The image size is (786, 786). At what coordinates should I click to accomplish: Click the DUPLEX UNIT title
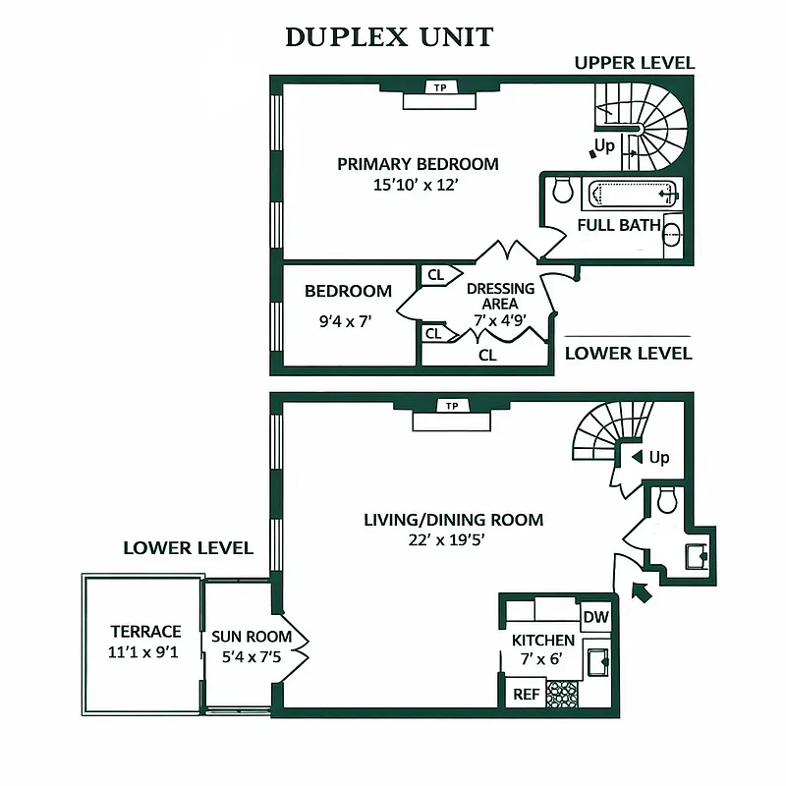[x=389, y=37]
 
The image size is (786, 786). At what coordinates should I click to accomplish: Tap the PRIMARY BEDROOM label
[x=418, y=164]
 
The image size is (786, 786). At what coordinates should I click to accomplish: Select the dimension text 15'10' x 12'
[x=418, y=185]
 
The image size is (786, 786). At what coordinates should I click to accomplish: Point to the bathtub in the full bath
[x=633, y=194]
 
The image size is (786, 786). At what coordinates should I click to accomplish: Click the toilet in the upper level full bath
[x=563, y=190]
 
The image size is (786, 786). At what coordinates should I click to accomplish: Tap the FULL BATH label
[x=619, y=225]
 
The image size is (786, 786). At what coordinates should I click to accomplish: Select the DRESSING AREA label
[x=500, y=296]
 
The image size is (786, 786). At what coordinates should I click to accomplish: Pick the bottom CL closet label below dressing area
[x=487, y=356]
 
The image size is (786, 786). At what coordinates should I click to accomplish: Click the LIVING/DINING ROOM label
[x=453, y=520]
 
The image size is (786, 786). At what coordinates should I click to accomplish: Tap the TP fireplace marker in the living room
[x=452, y=406]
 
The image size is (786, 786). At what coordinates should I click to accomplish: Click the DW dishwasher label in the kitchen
[x=595, y=617]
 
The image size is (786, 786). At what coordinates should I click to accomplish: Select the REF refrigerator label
[x=526, y=694]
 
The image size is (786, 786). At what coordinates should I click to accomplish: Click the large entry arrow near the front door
[x=640, y=591]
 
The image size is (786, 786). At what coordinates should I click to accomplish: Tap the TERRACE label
[x=145, y=632]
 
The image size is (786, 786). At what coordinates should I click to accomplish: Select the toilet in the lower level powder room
[x=667, y=502]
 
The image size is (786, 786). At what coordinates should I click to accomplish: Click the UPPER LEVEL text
[x=634, y=63]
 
